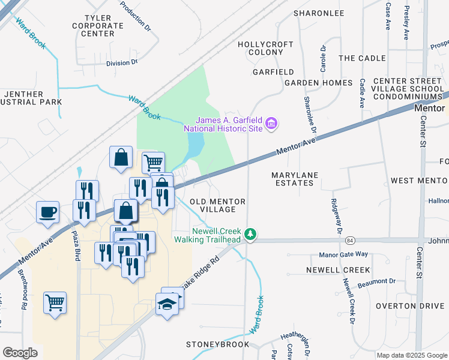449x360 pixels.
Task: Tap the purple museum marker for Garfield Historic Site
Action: click(x=272, y=124)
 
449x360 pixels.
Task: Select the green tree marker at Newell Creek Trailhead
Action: click(x=253, y=235)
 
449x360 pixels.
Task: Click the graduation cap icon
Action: click(x=169, y=305)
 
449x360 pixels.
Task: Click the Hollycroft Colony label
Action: click(x=265, y=49)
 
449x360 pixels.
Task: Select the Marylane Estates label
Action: click(x=294, y=179)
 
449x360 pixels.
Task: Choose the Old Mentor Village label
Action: click(x=217, y=206)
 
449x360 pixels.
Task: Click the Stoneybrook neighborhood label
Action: click(x=216, y=345)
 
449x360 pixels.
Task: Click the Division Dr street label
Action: click(x=122, y=62)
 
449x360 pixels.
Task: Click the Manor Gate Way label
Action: click(x=343, y=254)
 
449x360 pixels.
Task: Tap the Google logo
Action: click(x=20, y=352)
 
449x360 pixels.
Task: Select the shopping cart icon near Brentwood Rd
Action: click(x=55, y=302)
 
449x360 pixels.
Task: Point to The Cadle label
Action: click(x=361, y=58)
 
